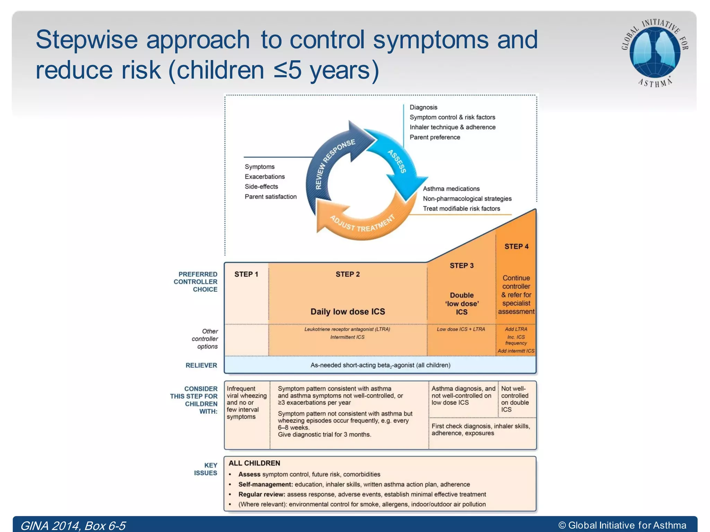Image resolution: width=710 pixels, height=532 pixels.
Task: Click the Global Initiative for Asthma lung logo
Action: coord(654,52)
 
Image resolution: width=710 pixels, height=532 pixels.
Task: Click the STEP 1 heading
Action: coord(246,274)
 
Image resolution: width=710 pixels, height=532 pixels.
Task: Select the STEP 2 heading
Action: coord(347,274)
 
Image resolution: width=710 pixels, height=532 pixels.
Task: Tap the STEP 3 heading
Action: coord(461,266)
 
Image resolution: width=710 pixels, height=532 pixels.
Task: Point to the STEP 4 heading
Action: coord(516,247)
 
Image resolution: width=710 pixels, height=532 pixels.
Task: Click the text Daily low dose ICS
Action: coord(347,311)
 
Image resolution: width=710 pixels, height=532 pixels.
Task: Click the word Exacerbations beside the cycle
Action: coord(265,177)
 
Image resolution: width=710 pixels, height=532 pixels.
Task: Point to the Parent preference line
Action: coord(435,137)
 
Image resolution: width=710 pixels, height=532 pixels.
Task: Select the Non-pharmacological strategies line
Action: coord(467,198)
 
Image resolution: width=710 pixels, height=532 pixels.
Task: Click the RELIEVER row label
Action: coord(201,365)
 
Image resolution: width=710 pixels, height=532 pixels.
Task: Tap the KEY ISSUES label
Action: coord(206,469)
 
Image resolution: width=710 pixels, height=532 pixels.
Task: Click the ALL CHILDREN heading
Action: coord(254,463)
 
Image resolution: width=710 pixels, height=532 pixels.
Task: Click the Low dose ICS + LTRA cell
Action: coord(461,329)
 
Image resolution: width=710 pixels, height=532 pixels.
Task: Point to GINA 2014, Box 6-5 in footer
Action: coord(73,526)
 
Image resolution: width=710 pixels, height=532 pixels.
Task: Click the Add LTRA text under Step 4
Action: coord(516,329)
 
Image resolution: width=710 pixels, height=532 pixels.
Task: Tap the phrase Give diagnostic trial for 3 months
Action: coord(324,434)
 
